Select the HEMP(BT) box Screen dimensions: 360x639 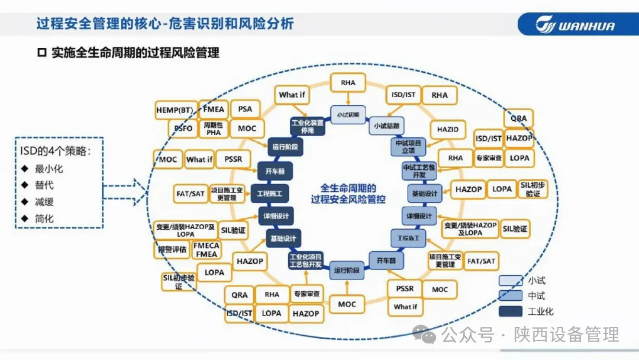(176, 110)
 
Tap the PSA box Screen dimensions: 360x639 (245, 109)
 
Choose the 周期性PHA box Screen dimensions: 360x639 (214, 128)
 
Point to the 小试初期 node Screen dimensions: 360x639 (348, 114)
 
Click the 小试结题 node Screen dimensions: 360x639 (386, 126)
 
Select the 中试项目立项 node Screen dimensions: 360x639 (408, 147)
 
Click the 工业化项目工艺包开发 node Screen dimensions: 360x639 (305, 261)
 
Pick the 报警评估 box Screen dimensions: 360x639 (172, 250)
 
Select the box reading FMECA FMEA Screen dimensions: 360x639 (206, 250)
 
